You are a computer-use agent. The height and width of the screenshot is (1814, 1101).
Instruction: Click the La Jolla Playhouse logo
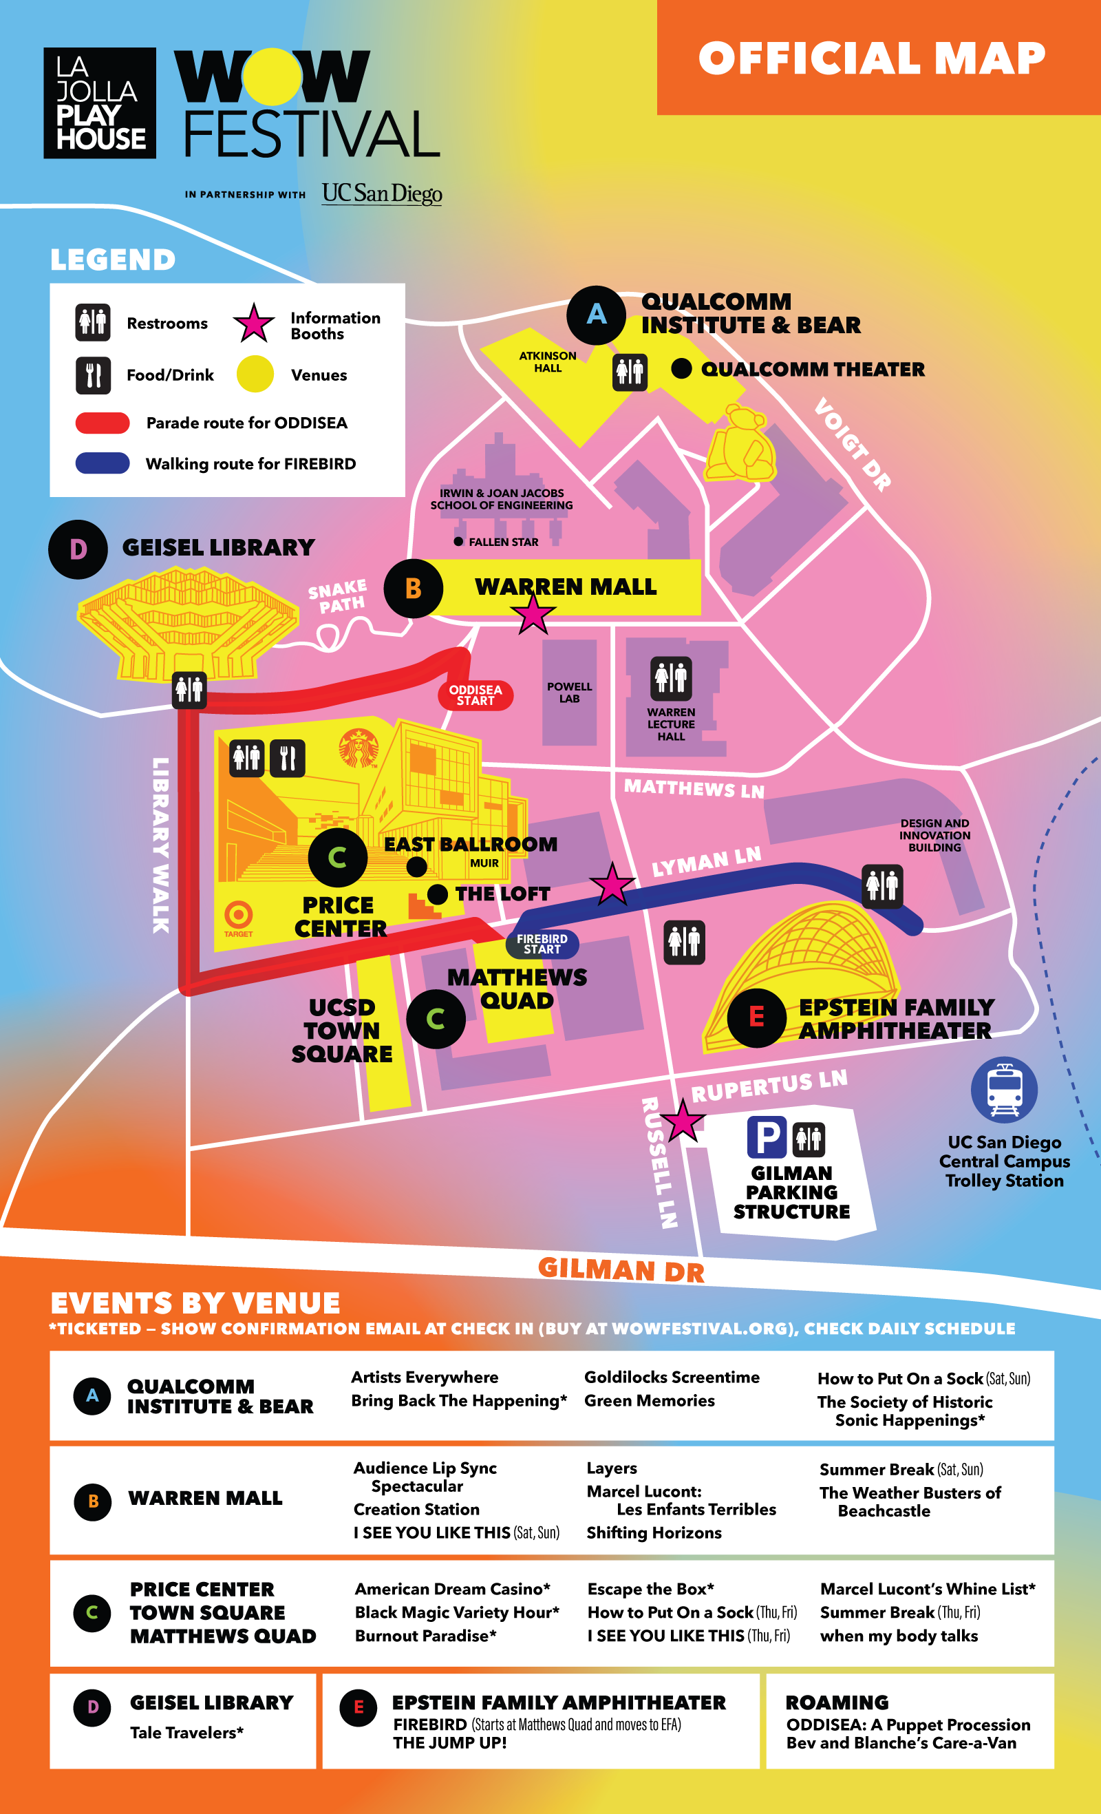(x=99, y=103)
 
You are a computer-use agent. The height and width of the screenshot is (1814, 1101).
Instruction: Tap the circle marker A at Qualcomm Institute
(x=596, y=315)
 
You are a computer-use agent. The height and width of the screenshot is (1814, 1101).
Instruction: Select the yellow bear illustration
(x=740, y=445)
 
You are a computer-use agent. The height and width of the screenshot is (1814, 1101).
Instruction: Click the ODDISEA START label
(x=475, y=695)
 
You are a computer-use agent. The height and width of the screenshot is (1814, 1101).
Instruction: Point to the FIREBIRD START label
(x=542, y=944)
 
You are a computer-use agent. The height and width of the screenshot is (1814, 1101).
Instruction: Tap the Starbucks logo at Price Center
(x=359, y=748)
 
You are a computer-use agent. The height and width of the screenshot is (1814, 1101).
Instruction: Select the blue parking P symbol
(x=766, y=1137)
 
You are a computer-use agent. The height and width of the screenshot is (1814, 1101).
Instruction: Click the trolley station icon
(x=1004, y=1090)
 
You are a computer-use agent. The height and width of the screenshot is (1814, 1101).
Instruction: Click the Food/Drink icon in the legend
(x=93, y=375)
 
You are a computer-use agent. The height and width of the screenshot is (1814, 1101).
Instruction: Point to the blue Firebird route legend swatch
(x=103, y=463)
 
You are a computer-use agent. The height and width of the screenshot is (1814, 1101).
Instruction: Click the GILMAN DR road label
(x=621, y=1270)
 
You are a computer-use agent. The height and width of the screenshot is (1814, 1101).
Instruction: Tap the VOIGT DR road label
(x=853, y=444)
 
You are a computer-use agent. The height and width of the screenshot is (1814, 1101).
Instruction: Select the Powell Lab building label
(x=569, y=692)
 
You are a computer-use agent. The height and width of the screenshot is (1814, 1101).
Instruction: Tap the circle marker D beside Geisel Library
(x=78, y=549)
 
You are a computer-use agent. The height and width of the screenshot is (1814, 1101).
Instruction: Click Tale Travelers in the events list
(x=186, y=1733)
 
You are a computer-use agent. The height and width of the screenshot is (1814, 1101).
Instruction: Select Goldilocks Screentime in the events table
(x=671, y=1377)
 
